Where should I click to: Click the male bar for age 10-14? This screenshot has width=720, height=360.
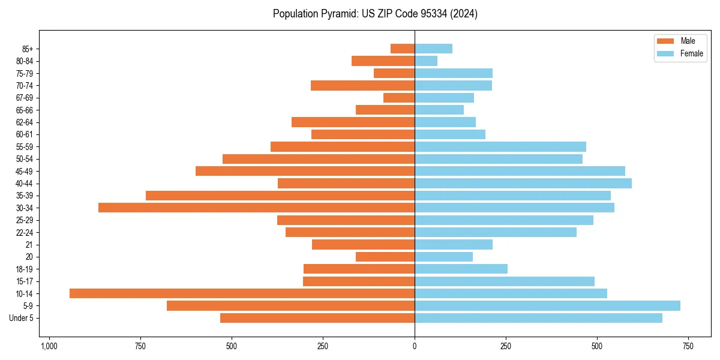242,293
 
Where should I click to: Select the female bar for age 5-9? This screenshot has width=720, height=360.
547,305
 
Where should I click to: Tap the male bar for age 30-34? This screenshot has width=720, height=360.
256,208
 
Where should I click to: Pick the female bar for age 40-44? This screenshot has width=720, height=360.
523,183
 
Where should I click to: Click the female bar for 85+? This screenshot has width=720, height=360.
433,49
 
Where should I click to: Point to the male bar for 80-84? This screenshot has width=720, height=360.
383,61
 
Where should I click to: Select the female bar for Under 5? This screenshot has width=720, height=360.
538,318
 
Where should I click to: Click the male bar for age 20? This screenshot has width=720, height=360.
385,257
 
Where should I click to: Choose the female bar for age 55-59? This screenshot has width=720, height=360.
500,146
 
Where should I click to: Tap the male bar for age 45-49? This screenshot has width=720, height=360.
305,171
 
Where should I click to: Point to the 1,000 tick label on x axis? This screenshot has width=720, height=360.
49,347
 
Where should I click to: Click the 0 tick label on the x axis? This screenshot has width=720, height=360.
415,347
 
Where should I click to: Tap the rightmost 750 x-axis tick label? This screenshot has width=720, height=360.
688,347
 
